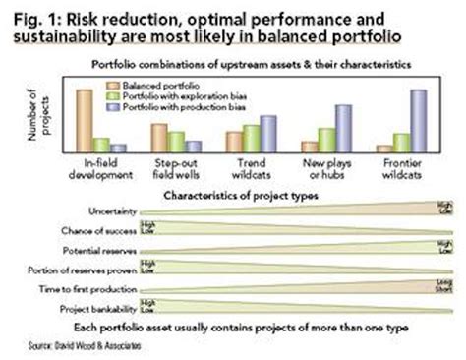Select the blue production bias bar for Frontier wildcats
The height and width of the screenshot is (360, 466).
coord(418,120)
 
